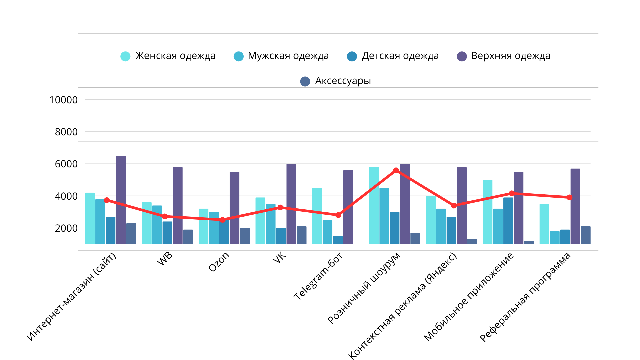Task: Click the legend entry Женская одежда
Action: (168, 56)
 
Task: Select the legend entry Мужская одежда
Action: (281, 56)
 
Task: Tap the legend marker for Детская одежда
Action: (352, 56)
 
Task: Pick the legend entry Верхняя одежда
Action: (504, 56)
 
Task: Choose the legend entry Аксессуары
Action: (336, 81)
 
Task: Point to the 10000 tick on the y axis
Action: (63, 100)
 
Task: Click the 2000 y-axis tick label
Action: (66, 228)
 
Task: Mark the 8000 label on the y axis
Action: (66, 132)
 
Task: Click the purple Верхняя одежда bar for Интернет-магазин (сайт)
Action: (121, 200)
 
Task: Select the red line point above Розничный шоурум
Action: (396, 170)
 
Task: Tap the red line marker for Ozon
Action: (222, 220)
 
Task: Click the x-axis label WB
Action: (165, 259)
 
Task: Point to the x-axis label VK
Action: (279, 257)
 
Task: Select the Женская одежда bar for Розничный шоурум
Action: (374, 205)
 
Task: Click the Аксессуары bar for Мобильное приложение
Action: (529, 242)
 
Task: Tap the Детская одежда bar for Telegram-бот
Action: (338, 240)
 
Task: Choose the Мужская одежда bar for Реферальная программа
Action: (555, 237)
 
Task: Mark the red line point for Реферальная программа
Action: (569, 197)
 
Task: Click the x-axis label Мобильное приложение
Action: (469, 297)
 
